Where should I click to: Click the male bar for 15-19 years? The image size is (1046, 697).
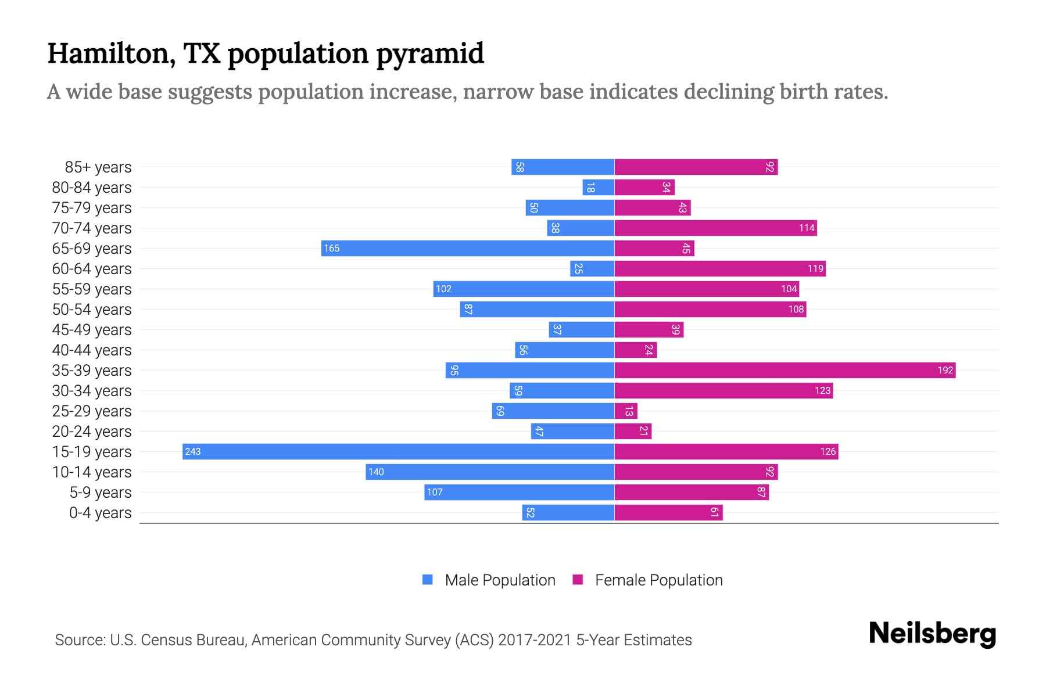pos(398,451)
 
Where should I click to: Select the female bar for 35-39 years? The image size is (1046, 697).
pos(784,370)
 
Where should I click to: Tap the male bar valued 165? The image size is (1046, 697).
pos(468,248)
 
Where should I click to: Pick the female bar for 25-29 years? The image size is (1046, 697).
pos(626,411)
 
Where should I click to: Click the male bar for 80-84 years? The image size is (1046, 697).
pos(599,187)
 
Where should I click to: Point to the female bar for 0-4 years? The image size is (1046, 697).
pos(668,512)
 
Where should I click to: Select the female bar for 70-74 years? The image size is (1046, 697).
pos(715,228)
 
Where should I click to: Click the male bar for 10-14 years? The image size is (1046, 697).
pos(490,472)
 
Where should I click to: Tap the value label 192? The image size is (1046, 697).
pos(945,370)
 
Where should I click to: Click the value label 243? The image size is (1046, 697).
pos(193,451)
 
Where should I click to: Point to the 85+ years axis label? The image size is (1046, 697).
pos(98,167)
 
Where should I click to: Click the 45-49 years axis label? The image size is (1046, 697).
pos(92,330)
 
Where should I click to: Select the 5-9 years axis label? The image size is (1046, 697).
pos(101,493)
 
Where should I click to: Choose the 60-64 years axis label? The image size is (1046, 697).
pos(92,269)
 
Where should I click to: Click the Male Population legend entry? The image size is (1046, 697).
pos(500,580)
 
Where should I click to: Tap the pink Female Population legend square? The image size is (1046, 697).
pos(578,580)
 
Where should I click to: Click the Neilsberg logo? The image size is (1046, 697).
pos(932,634)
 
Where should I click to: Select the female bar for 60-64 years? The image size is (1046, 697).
pos(720,268)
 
